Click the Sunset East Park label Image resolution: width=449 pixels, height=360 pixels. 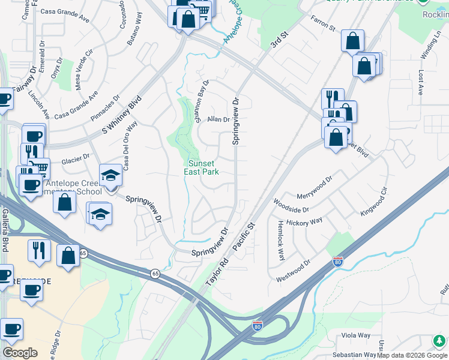pos(201,167)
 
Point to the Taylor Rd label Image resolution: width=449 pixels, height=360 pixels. pos(217,268)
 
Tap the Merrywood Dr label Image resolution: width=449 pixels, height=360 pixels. pos(315,188)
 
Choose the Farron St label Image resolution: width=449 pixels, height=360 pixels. pos(322,23)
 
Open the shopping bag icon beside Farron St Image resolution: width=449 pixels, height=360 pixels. pos(353,41)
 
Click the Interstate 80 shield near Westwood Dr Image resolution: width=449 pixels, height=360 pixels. pos(338,263)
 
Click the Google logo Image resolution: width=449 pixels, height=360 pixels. pos(20,352)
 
